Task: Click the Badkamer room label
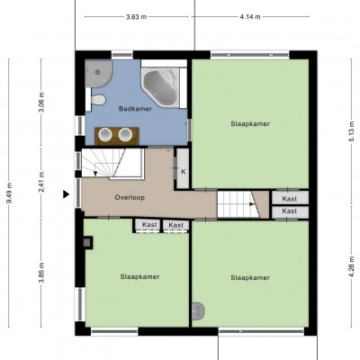[x=135, y=109]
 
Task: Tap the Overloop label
[x=130, y=197]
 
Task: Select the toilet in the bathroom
[x=98, y=100]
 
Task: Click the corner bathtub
[x=160, y=87]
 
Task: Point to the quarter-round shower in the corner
[x=96, y=73]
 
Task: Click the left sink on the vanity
[x=105, y=134]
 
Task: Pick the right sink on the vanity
[x=125, y=134]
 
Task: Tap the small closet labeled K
[x=183, y=168]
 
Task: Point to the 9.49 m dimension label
[x=9, y=193]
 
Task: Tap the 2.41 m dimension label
[x=41, y=182]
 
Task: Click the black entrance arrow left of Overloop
[x=66, y=194]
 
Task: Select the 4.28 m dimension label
[x=352, y=266]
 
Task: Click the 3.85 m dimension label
[x=41, y=273]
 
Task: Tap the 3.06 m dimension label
[x=41, y=102]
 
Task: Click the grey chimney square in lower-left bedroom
[x=87, y=242]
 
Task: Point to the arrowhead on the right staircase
[x=252, y=204]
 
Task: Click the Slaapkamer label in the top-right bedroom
[x=250, y=124]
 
